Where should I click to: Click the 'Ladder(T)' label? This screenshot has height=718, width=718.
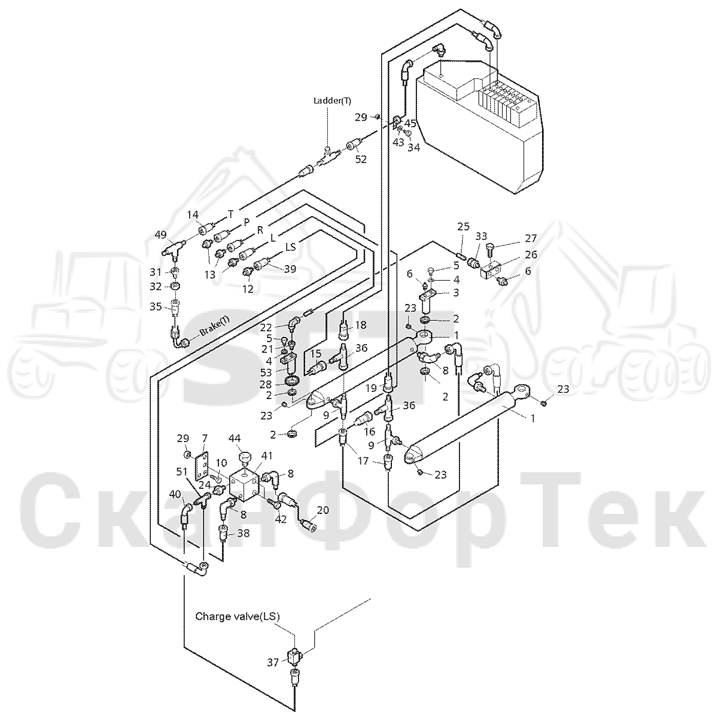click(x=332, y=101)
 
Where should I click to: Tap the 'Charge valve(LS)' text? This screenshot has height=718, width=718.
click(x=238, y=616)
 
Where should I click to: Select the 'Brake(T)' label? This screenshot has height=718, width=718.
click(x=215, y=327)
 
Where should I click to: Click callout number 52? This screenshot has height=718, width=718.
click(x=361, y=159)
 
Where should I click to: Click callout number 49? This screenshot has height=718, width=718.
click(x=160, y=235)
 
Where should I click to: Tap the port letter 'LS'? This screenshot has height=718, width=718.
click(x=291, y=247)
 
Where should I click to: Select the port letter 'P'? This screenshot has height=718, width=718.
click(x=247, y=223)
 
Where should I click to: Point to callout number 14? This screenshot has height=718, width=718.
click(x=193, y=215)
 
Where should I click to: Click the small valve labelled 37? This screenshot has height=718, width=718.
click(x=294, y=666)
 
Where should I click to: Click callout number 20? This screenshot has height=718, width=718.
click(x=323, y=510)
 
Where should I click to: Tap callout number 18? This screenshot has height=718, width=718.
click(x=360, y=325)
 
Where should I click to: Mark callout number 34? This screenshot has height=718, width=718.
click(x=413, y=148)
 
